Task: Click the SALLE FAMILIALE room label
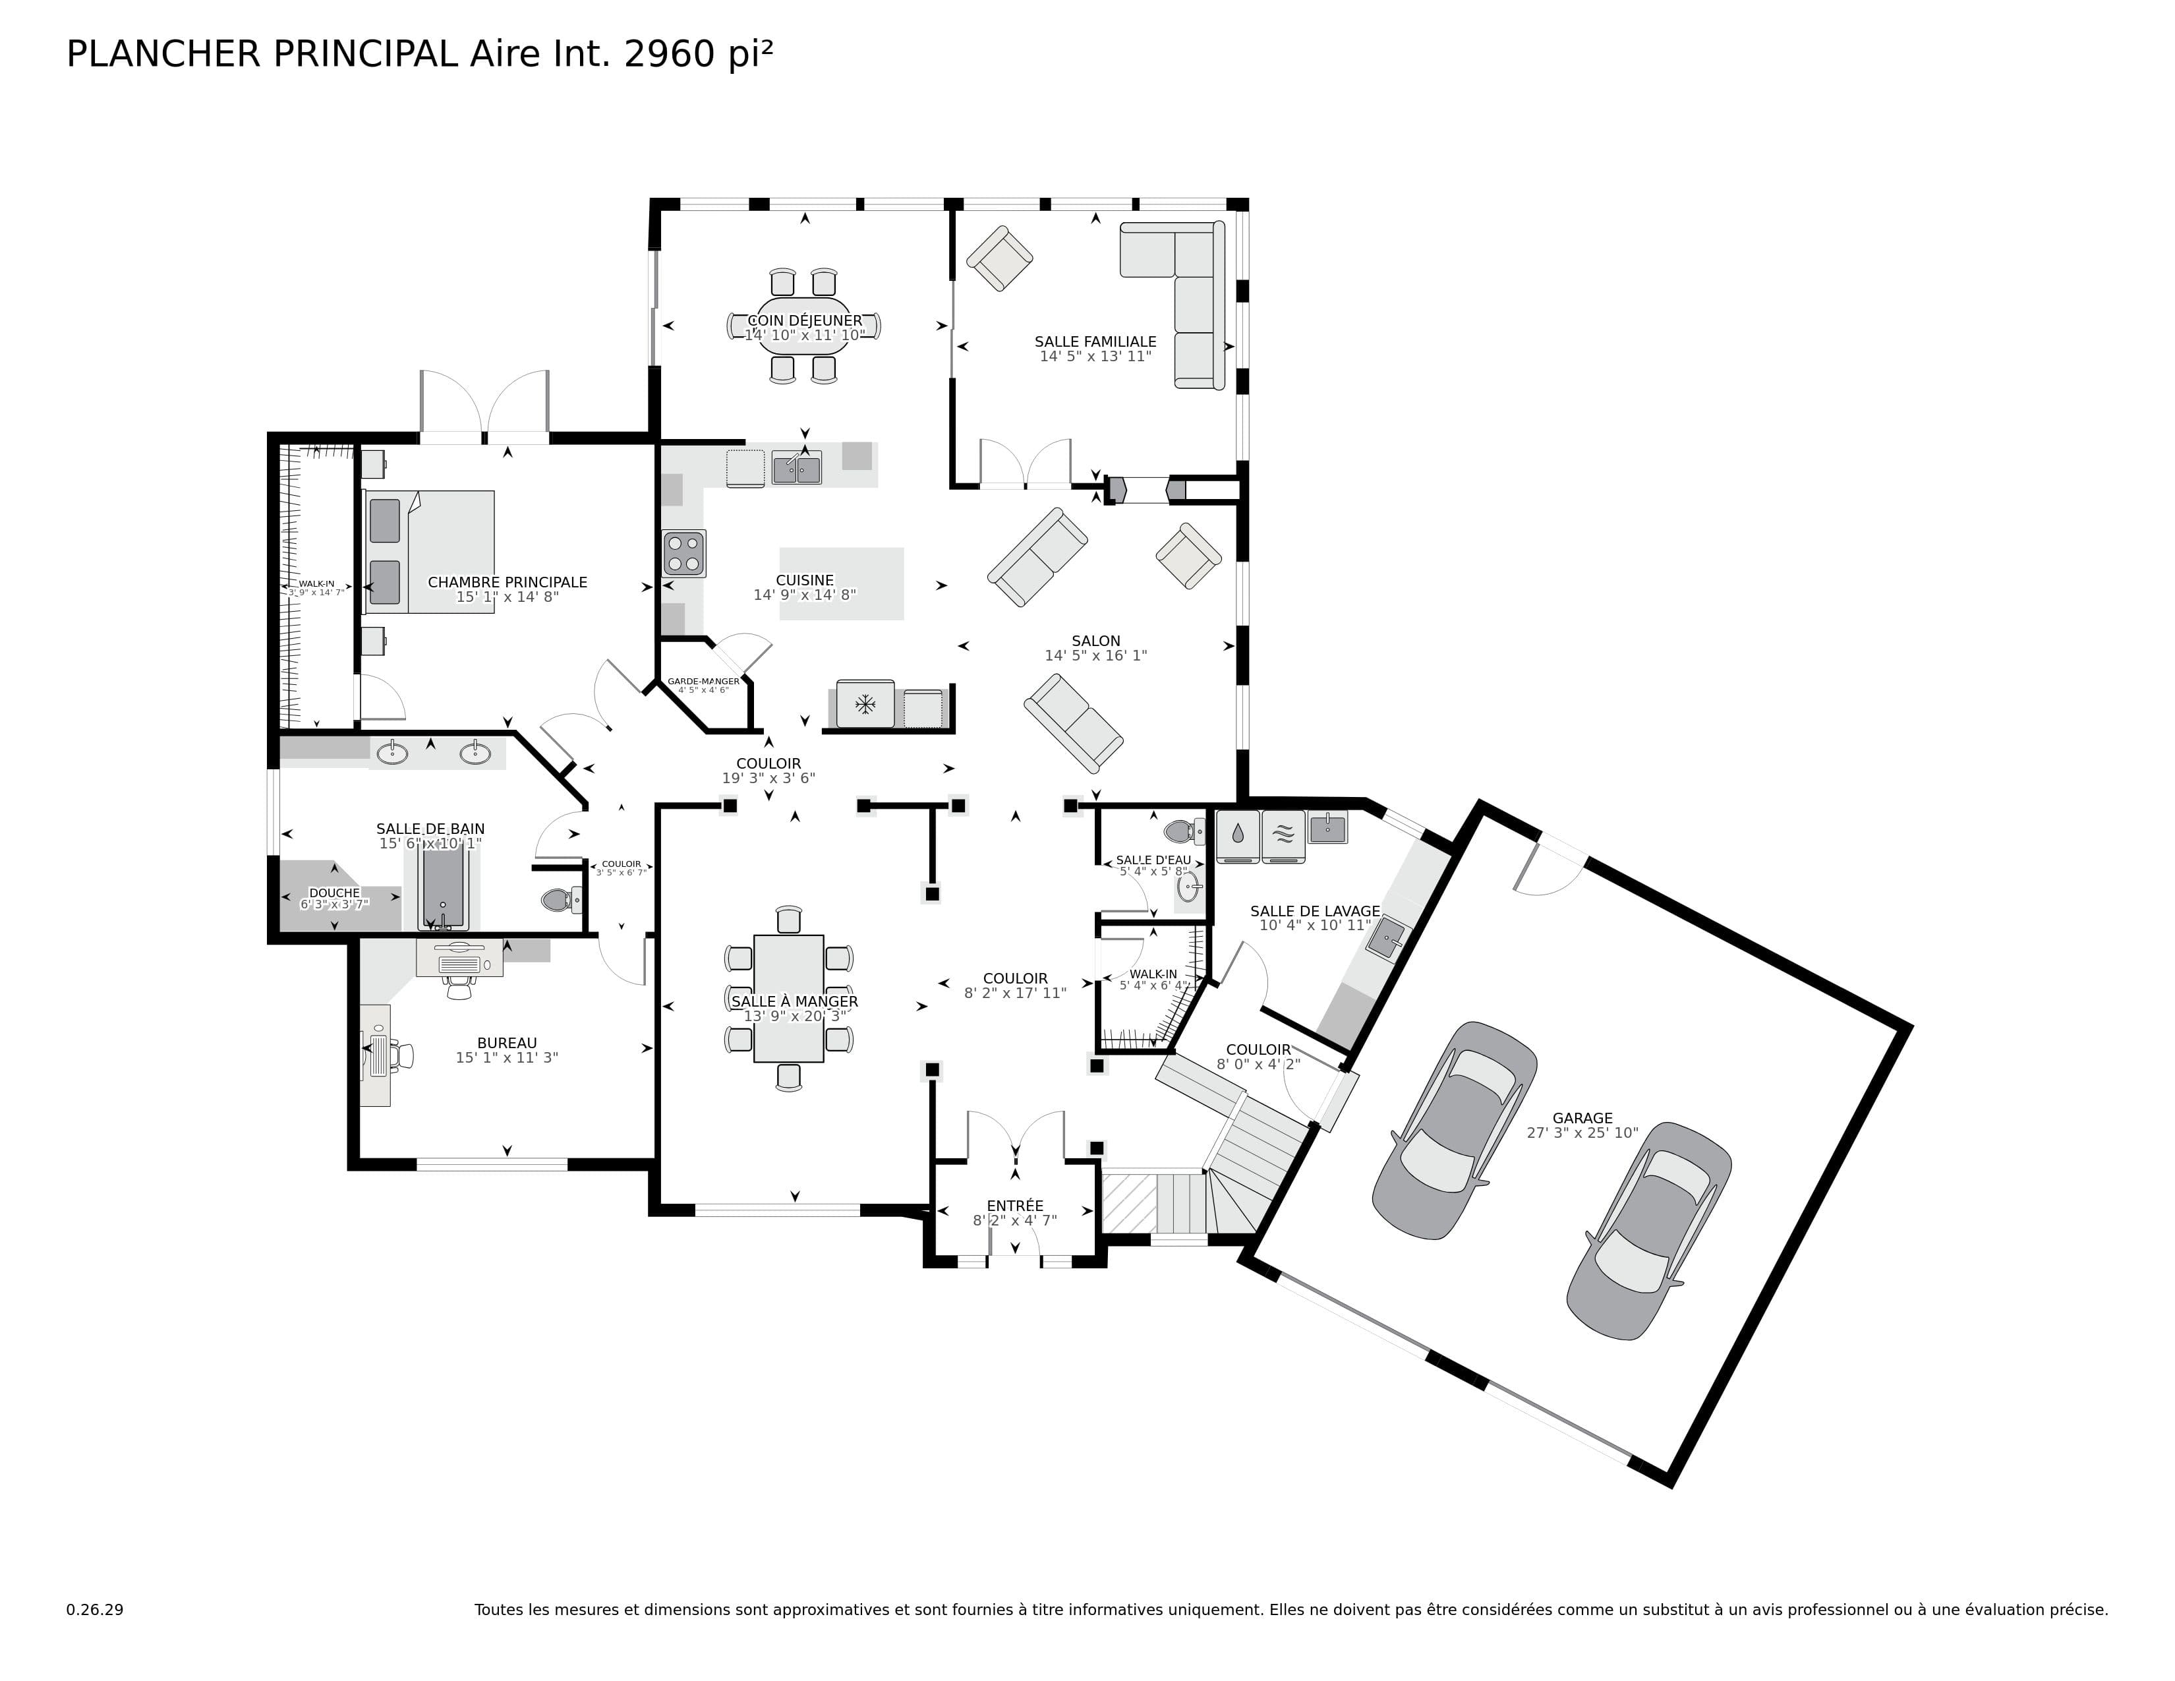[x=1095, y=341]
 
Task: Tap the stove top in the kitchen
[x=684, y=554]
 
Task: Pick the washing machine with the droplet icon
[x=1238, y=835]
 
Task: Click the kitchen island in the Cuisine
[x=842, y=583]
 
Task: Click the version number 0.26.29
[x=95, y=1609]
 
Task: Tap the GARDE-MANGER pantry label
[x=703, y=681]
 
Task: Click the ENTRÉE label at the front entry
[x=1015, y=1205]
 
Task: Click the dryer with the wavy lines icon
[x=1283, y=835]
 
